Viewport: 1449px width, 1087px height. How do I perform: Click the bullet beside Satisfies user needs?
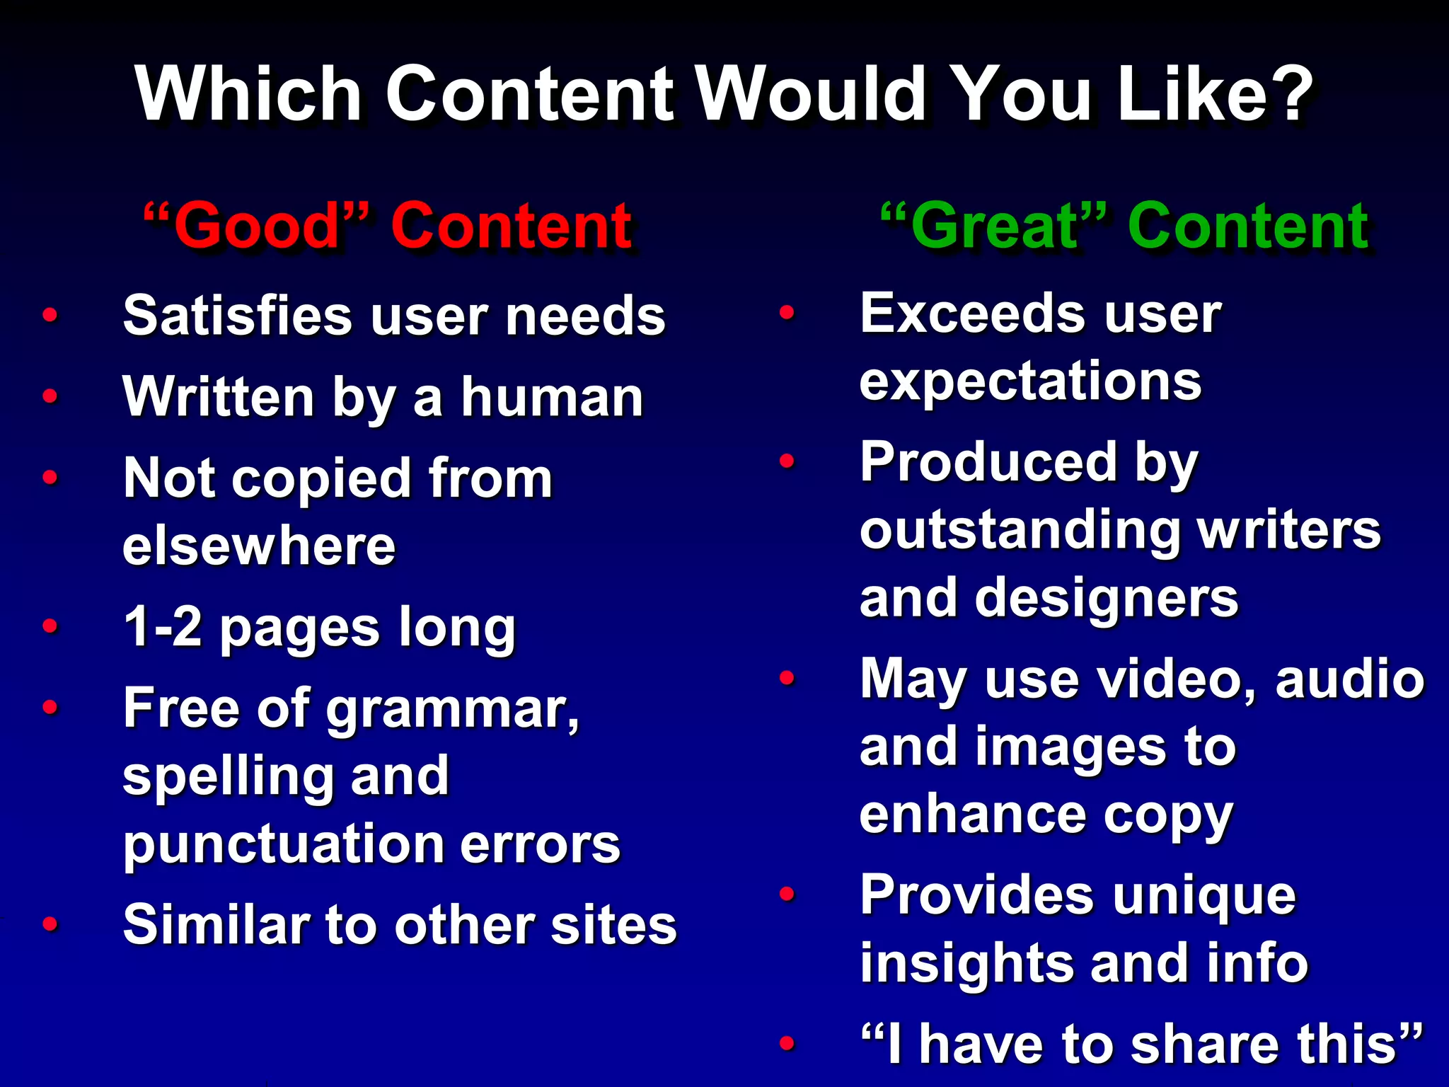(x=50, y=314)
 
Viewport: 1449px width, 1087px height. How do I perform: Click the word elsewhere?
(x=259, y=546)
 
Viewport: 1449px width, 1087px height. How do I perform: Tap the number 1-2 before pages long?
(x=162, y=626)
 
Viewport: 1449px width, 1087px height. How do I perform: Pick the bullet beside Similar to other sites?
(x=50, y=924)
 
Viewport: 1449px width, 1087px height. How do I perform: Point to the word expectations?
(x=1030, y=381)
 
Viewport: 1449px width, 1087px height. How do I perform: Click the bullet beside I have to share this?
(x=787, y=1042)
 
